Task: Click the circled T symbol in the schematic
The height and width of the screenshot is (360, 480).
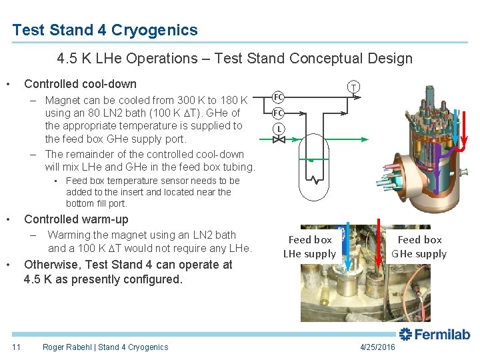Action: click(x=354, y=87)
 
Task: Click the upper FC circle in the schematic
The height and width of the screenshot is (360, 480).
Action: click(x=279, y=97)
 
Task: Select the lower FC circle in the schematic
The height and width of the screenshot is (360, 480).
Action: click(x=279, y=113)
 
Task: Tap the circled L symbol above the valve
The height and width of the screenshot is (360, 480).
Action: click(x=279, y=128)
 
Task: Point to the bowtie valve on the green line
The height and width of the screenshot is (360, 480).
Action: click(x=279, y=140)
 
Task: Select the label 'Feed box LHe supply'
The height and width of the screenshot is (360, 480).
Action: click(x=309, y=246)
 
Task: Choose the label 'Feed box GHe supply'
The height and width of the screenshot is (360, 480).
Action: click(x=419, y=246)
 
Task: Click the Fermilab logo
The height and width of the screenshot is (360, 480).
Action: click(x=435, y=335)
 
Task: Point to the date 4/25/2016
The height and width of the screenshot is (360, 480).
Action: click(x=377, y=347)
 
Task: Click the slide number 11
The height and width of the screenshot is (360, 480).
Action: click(x=17, y=347)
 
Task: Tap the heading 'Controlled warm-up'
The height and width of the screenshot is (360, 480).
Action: click(x=76, y=219)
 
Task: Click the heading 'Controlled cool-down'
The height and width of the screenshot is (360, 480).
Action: click(x=80, y=84)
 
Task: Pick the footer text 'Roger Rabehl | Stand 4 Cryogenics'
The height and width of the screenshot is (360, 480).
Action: click(x=105, y=347)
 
